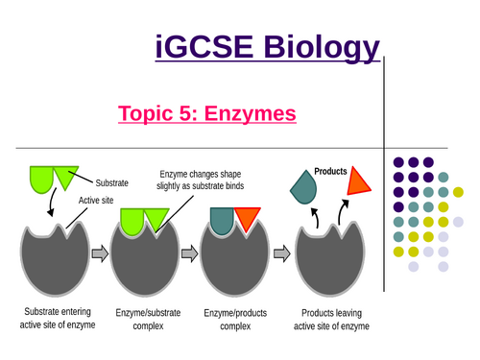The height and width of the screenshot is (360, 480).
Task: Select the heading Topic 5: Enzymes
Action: (206, 115)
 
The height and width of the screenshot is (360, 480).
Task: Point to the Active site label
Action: (96, 201)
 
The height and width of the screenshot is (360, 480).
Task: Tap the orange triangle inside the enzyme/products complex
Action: (246, 220)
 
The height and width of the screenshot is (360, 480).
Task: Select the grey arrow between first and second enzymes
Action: (99, 255)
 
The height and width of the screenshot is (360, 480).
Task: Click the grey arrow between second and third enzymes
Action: (189, 255)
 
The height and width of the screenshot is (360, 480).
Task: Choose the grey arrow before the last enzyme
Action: (280, 255)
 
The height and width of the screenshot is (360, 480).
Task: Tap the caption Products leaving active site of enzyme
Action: (334, 320)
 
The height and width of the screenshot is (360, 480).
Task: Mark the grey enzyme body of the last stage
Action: (335, 264)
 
